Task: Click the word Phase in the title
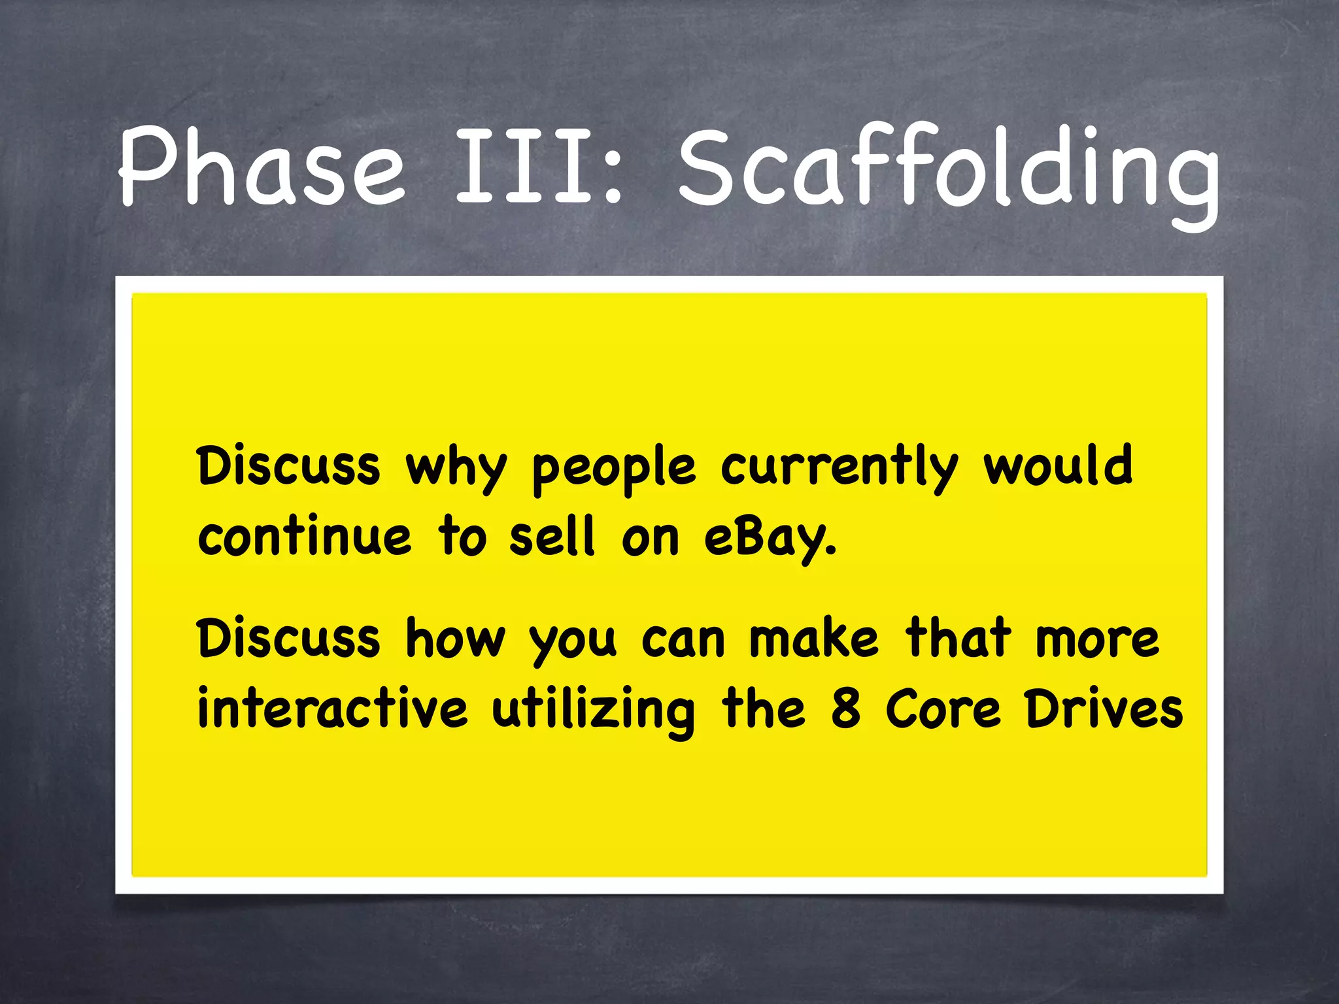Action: pyautogui.click(x=262, y=167)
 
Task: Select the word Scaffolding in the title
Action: pyautogui.click(x=948, y=170)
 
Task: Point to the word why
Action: pyautogui.click(x=456, y=469)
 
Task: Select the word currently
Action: pyautogui.click(x=839, y=469)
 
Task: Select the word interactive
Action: pyautogui.click(x=333, y=709)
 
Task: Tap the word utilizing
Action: pyautogui.click(x=594, y=711)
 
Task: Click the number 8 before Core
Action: pyautogui.click(x=845, y=709)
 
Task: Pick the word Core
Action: pyautogui.click(x=943, y=709)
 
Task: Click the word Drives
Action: pyautogui.click(x=1104, y=709)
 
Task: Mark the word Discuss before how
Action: pyautogui.click(x=288, y=637)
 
